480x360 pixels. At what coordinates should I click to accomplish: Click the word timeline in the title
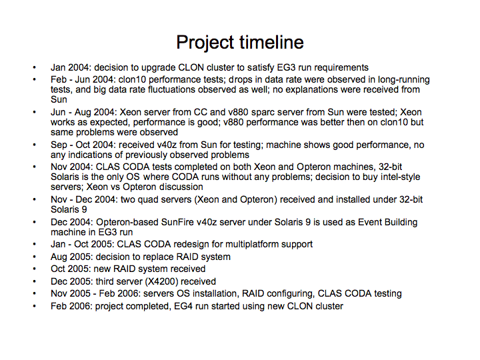[271, 42]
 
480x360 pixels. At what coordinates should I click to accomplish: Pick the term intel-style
[401, 177]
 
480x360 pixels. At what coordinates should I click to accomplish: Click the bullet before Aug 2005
[34, 257]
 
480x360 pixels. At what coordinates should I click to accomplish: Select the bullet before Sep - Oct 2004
[34, 145]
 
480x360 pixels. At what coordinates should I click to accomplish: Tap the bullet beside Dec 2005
[34, 281]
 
